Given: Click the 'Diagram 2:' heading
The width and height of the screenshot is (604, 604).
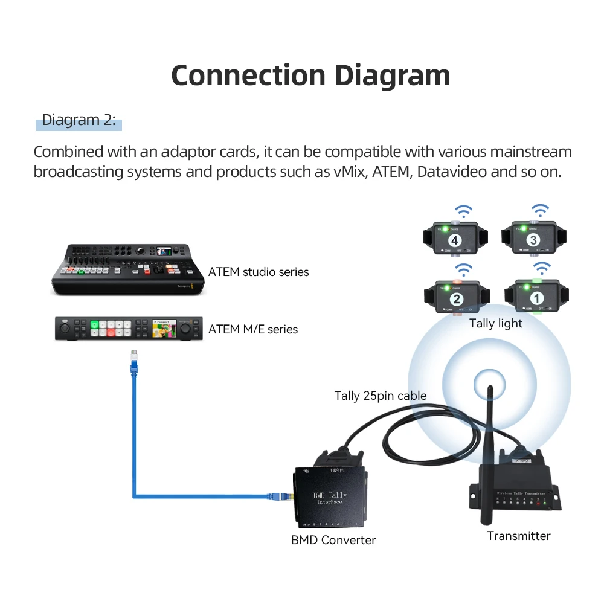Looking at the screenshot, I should [79, 120].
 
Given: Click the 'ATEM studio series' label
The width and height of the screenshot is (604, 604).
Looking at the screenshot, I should [259, 272].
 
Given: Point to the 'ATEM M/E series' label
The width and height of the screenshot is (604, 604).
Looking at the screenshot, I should [253, 329].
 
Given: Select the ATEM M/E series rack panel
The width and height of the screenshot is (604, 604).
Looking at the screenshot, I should [127, 328].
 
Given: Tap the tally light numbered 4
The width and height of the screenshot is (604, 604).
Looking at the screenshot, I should [455, 240].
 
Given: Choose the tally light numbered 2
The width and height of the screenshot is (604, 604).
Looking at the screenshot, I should [457, 298].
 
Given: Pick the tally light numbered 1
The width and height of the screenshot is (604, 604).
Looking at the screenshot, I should [535, 298].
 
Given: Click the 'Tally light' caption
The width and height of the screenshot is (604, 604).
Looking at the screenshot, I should [496, 323].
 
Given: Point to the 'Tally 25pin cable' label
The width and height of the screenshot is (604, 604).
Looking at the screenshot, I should [381, 396].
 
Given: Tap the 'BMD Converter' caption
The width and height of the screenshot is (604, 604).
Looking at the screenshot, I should [333, 540].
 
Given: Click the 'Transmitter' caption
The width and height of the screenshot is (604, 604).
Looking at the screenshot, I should [519, 536].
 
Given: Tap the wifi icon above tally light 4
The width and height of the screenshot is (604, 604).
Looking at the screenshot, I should [464, 211].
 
